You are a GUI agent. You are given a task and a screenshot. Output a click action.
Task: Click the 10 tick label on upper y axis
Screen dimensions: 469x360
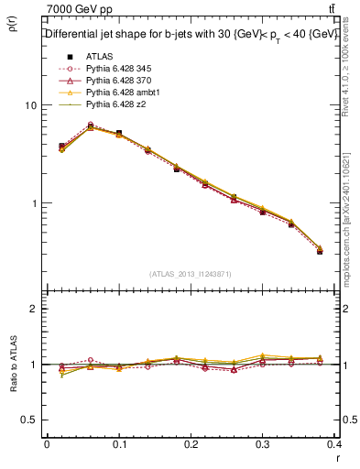coord(30,105)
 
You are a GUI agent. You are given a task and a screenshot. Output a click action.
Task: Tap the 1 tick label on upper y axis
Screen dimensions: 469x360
coord(33,203)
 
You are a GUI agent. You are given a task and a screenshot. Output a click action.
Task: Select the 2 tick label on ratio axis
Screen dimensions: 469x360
coord(33,310)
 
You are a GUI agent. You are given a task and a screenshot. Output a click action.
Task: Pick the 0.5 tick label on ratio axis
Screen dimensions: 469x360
coord(29,420)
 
